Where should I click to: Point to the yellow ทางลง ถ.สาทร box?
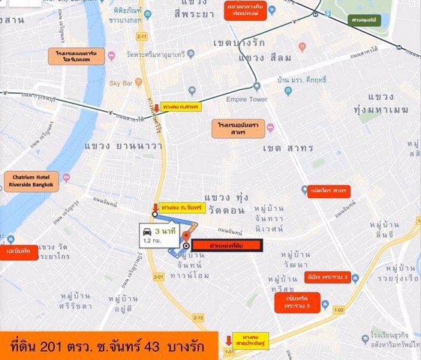180,107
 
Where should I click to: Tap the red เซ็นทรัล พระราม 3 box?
297,301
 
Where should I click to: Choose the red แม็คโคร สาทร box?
329,191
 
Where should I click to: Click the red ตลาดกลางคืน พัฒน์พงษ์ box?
248,10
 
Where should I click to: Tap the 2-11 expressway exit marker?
142,35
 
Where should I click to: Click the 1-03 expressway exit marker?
338,309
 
